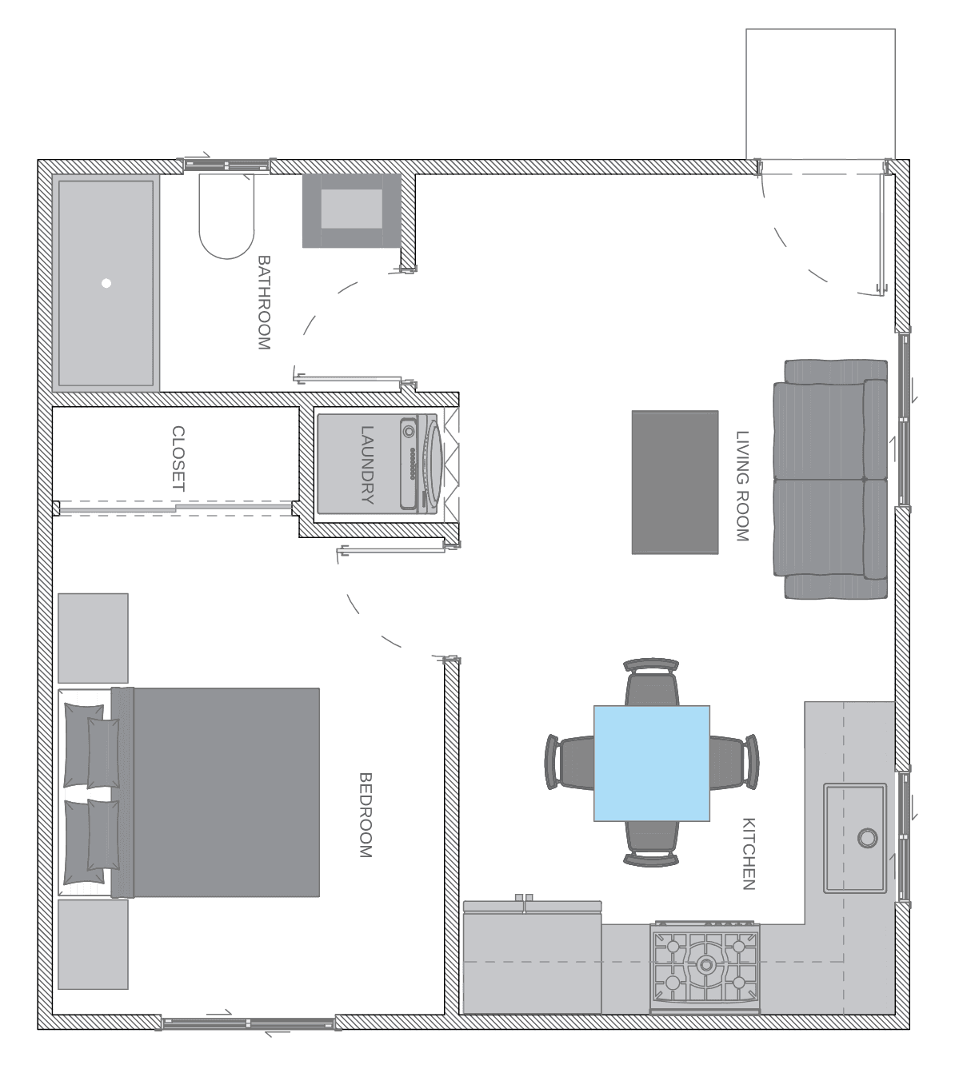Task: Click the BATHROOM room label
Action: tap(264, 302)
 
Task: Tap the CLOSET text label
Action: tap(178, 459)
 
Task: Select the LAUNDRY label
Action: tap(367, 465)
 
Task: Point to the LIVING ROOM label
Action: tap(742, 486)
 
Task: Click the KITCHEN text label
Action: tap(748, 854)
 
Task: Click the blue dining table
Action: tap(651, 764)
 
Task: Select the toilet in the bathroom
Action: tap(227, 216)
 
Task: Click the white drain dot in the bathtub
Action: tap(106, 283)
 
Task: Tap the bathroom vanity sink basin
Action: tap(351, 209)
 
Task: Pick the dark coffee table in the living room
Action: tap(675, 482)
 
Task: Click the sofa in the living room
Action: tap(830, 479)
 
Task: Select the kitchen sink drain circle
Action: tap(867, 838)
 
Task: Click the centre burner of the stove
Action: tap(705, 964)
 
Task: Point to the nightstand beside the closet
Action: tap(93, 638)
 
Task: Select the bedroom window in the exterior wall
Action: tap(248, 1022)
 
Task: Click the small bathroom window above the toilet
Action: tap(227, 165)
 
